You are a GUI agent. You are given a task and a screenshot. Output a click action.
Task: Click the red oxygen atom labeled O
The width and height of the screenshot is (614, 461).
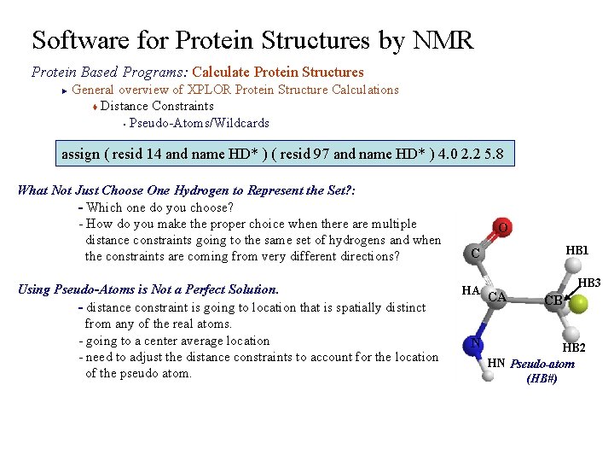tap(503, 228)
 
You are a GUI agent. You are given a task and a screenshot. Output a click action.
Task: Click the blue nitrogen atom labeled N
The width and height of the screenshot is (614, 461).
tap(475, 342)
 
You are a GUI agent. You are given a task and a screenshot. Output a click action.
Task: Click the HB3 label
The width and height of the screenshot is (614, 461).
tap(589, 283)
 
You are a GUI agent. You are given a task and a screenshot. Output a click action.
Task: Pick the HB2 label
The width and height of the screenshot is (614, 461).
tap(573, 347)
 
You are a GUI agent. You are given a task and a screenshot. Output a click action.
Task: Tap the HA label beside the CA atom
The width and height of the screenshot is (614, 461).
tap(470, 290)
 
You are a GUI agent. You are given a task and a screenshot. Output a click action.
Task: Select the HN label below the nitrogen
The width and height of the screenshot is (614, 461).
tap(495, 363)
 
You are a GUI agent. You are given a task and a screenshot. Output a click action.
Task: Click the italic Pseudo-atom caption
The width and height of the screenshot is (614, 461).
tap(542, 365)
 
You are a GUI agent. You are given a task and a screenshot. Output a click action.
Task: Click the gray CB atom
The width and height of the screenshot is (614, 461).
tap(553, 300)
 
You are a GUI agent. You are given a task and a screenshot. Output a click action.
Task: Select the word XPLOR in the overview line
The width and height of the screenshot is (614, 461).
tap(208, 90)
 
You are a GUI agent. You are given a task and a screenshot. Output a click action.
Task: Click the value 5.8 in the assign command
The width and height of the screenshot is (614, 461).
tap(493, 155)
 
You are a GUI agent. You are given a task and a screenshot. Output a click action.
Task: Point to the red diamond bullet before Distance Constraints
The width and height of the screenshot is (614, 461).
tap(95, 107)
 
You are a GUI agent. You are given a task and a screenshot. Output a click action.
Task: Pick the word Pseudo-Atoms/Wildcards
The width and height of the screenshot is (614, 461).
tap(199, 123)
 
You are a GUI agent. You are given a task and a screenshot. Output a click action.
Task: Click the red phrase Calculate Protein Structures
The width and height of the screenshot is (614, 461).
tap(278, 73)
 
